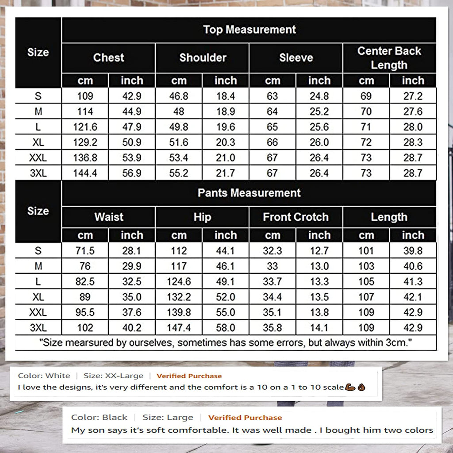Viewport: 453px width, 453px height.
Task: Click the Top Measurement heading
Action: tap(249, 30)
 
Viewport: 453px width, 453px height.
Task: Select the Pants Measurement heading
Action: tap(249, 193)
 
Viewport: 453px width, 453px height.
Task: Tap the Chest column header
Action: tap(108, 58)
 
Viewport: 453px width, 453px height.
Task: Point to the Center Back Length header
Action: tap(389, 58)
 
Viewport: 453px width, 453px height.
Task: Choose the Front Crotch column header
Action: tap(296, 217)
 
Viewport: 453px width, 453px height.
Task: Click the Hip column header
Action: tap(202, 217)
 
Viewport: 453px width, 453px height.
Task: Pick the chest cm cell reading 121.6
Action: tap(85, 127)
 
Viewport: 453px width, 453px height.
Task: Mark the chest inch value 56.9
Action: tap(132, 173)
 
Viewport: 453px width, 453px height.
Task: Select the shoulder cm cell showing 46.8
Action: tap(179, 96)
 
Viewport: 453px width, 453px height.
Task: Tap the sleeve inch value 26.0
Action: tap(319, 142)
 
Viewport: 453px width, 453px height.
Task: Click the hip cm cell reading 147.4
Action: tap(179, 328)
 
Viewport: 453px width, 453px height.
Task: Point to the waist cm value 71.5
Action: tap(85, 251)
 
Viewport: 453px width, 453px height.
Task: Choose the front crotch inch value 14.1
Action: tap(319, 328)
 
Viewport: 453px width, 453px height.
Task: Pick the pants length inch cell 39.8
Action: tap(413, 251)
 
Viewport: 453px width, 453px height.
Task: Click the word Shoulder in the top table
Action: tap(203, 58)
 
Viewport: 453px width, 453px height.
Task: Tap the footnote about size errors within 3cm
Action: tap(226, 342)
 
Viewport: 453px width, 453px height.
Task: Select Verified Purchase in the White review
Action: tap(189, 376)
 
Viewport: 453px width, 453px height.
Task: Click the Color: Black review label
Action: tap(99, 417)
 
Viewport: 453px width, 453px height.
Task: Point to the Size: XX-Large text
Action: tap(113, 376)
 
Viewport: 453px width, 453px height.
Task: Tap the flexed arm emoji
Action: tap(349, 387)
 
